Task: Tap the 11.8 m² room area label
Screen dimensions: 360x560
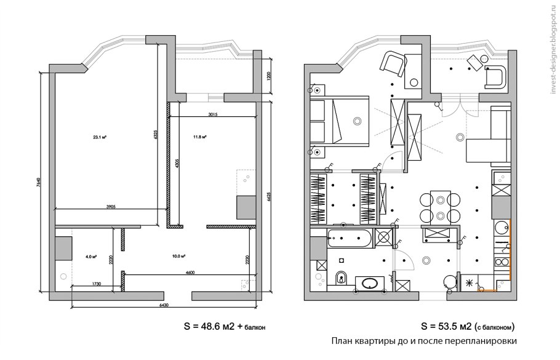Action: tap(199, 137)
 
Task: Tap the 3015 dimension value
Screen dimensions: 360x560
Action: tap(214, 114)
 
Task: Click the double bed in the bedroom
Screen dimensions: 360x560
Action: tap(338, 121)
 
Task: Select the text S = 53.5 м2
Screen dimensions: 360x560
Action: tap(446, 326)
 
